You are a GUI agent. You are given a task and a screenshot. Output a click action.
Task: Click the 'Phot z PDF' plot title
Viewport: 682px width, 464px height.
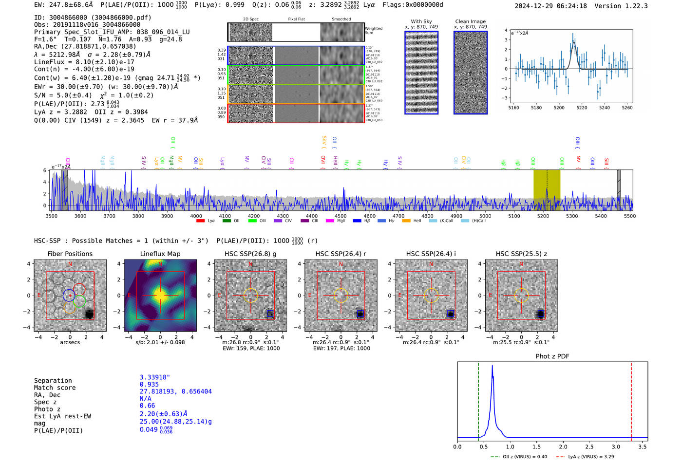pos(552,356)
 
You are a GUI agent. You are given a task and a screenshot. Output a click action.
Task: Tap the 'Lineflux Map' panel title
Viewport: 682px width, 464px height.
pos(160,254)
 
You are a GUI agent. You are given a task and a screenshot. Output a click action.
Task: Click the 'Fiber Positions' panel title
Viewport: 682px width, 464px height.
pos(70,254)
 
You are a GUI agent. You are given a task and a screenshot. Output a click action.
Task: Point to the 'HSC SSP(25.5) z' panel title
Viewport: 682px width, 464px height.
pos(521,254)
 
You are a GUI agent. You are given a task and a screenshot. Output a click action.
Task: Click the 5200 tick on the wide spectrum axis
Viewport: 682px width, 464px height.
pos(543,216)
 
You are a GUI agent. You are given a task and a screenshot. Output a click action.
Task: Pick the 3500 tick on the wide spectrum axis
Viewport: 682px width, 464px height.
pos(51,216)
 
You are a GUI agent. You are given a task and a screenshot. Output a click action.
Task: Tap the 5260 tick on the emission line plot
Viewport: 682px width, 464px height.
pos(627,108)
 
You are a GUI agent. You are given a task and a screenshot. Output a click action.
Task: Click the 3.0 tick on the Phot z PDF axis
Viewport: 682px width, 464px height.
pos(616,446)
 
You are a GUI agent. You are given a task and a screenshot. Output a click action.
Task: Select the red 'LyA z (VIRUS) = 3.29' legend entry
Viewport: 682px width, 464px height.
pos(591,457)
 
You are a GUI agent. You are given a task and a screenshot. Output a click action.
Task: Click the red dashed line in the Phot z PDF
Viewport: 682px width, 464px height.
pos(631,399)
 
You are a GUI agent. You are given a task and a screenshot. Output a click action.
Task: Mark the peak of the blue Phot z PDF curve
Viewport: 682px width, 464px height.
pos(493,366)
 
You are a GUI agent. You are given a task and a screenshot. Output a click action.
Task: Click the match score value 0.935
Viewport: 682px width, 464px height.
pos(149,385)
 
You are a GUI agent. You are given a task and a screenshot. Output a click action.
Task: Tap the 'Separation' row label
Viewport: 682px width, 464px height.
pos(53,381)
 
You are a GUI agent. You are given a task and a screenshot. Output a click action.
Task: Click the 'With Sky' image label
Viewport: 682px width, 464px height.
pos(421,21)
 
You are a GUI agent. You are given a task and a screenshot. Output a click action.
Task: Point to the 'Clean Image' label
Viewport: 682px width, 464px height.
pos(470,21)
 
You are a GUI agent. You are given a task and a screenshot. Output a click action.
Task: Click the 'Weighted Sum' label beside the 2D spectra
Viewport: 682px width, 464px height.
pos(373,31)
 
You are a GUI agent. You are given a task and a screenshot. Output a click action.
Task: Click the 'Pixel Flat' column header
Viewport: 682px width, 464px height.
pos(296,19)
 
